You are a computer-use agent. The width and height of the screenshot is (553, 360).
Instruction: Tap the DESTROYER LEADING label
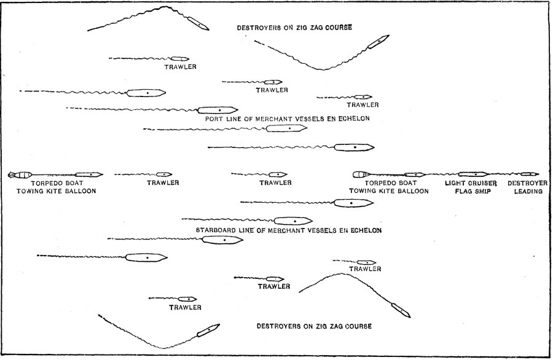(x=524, y=187)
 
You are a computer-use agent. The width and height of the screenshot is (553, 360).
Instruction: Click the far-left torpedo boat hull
(x=88, y=174)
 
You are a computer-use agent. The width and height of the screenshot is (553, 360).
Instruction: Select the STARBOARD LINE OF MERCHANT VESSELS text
(x=289, y=230)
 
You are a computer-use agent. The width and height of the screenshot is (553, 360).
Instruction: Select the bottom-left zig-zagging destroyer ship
(x=208, y=331)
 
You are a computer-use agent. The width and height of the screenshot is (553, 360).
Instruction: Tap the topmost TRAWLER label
(x=180, y=66)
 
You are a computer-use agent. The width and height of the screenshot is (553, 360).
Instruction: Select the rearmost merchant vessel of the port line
(x=146, y=93)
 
